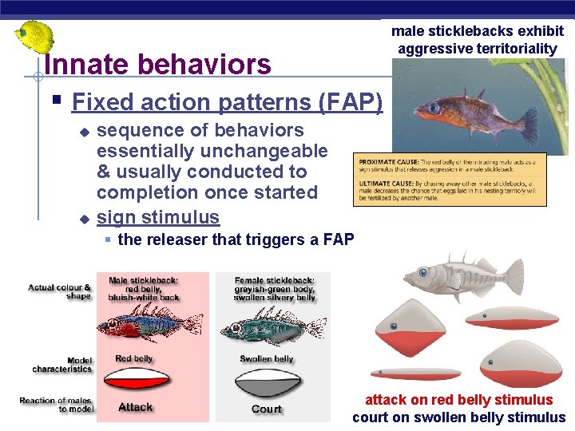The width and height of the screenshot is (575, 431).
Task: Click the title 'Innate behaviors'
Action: point(158,64)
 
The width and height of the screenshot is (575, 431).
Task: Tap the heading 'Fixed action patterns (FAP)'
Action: point(227,102)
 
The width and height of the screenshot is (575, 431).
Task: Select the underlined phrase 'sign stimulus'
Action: point(157,217)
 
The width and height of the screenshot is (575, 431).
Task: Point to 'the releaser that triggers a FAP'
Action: point(236,239)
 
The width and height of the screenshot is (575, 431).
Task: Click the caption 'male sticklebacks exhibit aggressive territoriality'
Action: point(477,40)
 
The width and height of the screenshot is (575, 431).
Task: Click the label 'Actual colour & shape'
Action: point(60,292)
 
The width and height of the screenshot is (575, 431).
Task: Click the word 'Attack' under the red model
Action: point(135,407)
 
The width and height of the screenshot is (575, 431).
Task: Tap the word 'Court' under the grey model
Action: point(267,409)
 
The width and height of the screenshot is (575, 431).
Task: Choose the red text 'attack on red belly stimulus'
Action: point(458,400)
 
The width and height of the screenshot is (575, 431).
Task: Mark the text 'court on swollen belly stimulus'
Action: point(458,417)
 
